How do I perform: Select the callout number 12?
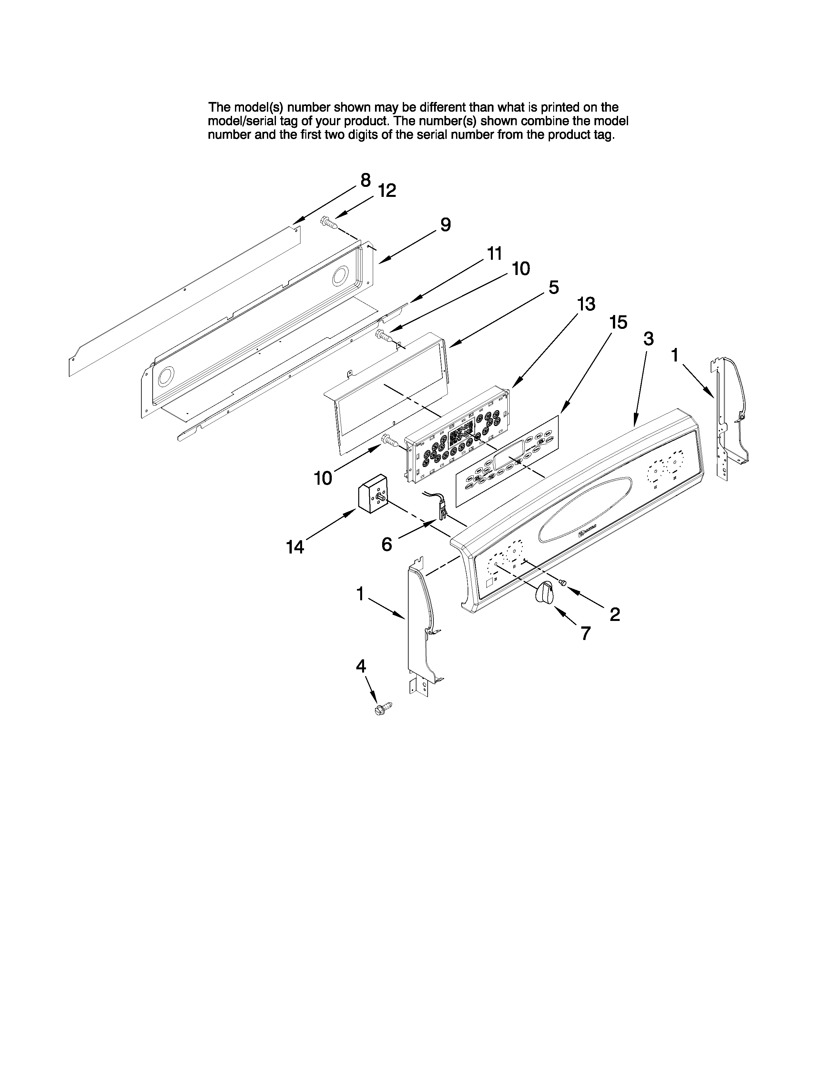387,191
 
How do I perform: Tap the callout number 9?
445,225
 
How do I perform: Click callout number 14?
295,547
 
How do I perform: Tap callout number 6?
387,544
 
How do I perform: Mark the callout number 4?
361,665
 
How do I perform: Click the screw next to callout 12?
329,223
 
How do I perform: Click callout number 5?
554,287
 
